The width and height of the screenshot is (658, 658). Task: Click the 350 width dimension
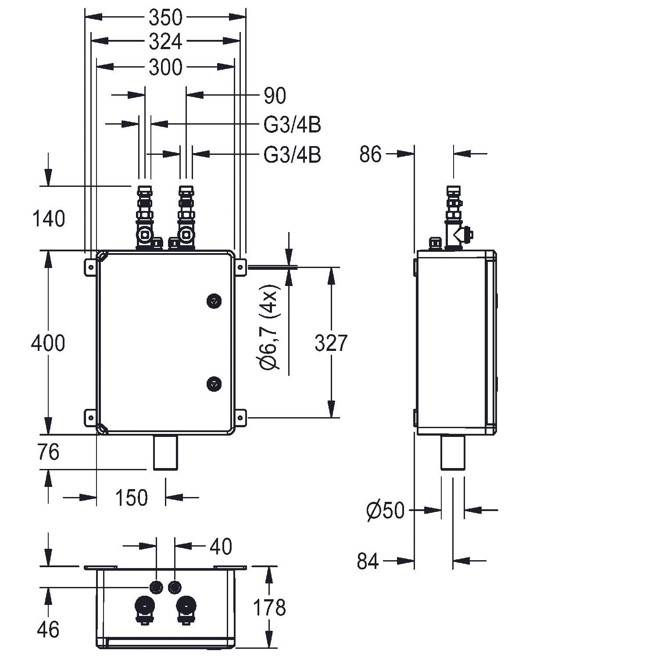pyautogui.click(x=165, y=18)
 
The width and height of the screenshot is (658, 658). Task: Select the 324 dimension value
pyautogui.click(x=165, y=42)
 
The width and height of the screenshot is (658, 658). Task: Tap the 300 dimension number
pyautogui.click(x=165, y=68)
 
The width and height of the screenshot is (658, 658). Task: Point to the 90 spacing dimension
pyautogui.click(x=275, y=96)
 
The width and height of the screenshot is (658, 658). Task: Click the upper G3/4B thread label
pyautogui.click(x=292, y=125)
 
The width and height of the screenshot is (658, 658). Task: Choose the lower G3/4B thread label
pyautogui.click(x=292, y=155)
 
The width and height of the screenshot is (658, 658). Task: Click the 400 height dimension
pyautogui.click(x=48, y=343)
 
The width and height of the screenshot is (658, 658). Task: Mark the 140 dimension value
pyautogui.click(x=48, y=218)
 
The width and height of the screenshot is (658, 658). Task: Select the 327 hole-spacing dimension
pyautogui.click(x=331, y=343)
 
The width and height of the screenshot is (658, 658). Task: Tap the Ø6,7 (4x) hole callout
pyautogui.click(x=269, y=332)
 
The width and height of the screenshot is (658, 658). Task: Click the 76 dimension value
pyautogui.click(x=48, y=452)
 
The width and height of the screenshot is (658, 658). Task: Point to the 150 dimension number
pyautogui.click(x=131, y=498)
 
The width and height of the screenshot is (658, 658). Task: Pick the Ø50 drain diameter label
pyautogui.click(x=385, y=511)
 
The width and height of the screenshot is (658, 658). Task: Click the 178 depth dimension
pyautogui.click(x=269, y=608)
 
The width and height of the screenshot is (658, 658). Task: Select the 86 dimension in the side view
pyautogui.click(x=371, y=154)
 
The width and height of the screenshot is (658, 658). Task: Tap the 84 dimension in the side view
pyautogui.click(x=368, y=561)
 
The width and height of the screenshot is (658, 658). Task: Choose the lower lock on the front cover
pyautogui.click(x=214, y=383)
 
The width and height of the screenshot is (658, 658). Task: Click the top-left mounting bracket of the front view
pyautogui.click(x=90, y=267)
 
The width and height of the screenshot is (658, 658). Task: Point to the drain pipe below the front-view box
pyautogui.click(x=165, y=452)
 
